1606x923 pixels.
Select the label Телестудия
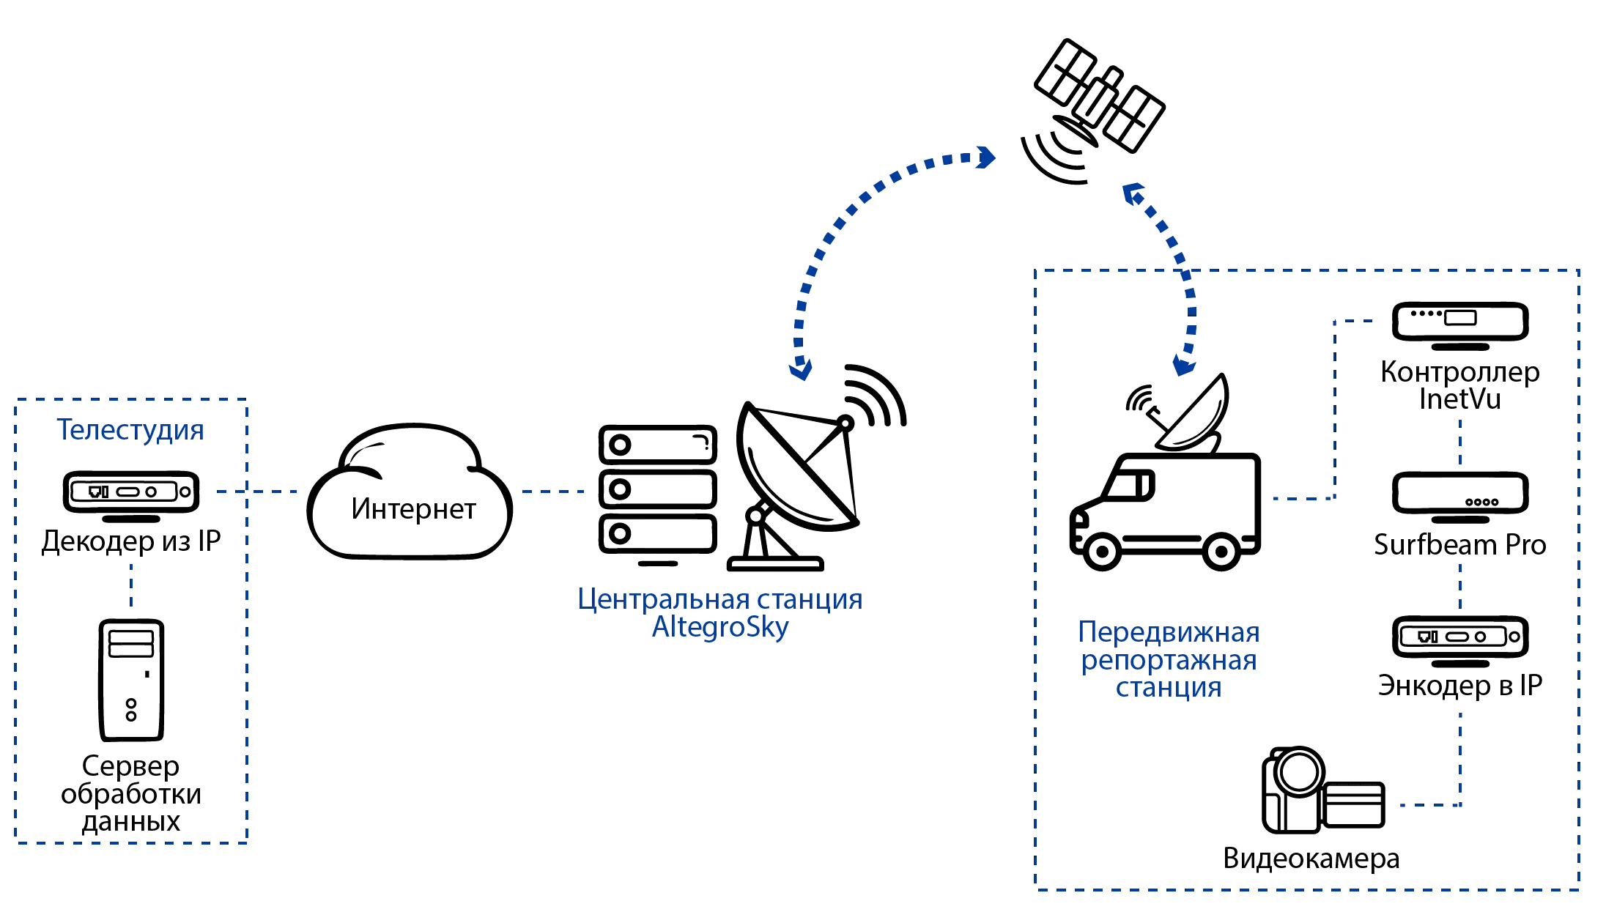coord(130,429)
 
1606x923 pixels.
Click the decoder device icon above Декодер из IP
coord(132,491)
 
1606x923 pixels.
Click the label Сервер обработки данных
coord(132,794)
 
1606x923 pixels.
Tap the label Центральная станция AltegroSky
coord(719,614)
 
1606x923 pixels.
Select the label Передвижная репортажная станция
coord(1168,659)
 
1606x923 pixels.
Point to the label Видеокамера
coord(1312,859)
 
